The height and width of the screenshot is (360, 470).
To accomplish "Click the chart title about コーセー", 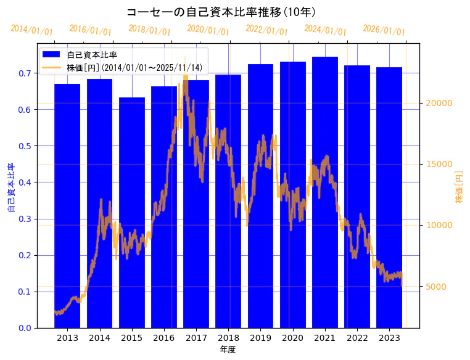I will click(x=221, y=12).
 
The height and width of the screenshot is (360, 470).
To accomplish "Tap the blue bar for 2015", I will click(x=132, y=213).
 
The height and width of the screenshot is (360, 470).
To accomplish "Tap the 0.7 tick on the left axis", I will click(x=25, y=73).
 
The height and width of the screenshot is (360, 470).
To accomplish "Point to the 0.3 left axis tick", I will click(x=25, y=219).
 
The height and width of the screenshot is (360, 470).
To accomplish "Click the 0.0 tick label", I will click(x=25, y=328).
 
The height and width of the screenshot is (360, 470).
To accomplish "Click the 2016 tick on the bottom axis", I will click(x=164, y=338).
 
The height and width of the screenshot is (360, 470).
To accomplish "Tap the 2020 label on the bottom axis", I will click(x=292, y=338).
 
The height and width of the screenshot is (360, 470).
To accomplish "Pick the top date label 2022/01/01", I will click(x=266, y=30).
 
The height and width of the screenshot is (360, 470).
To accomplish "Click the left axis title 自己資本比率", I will click(x=11, y=188).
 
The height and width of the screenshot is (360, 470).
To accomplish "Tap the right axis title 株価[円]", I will click(x=459, y=188).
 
